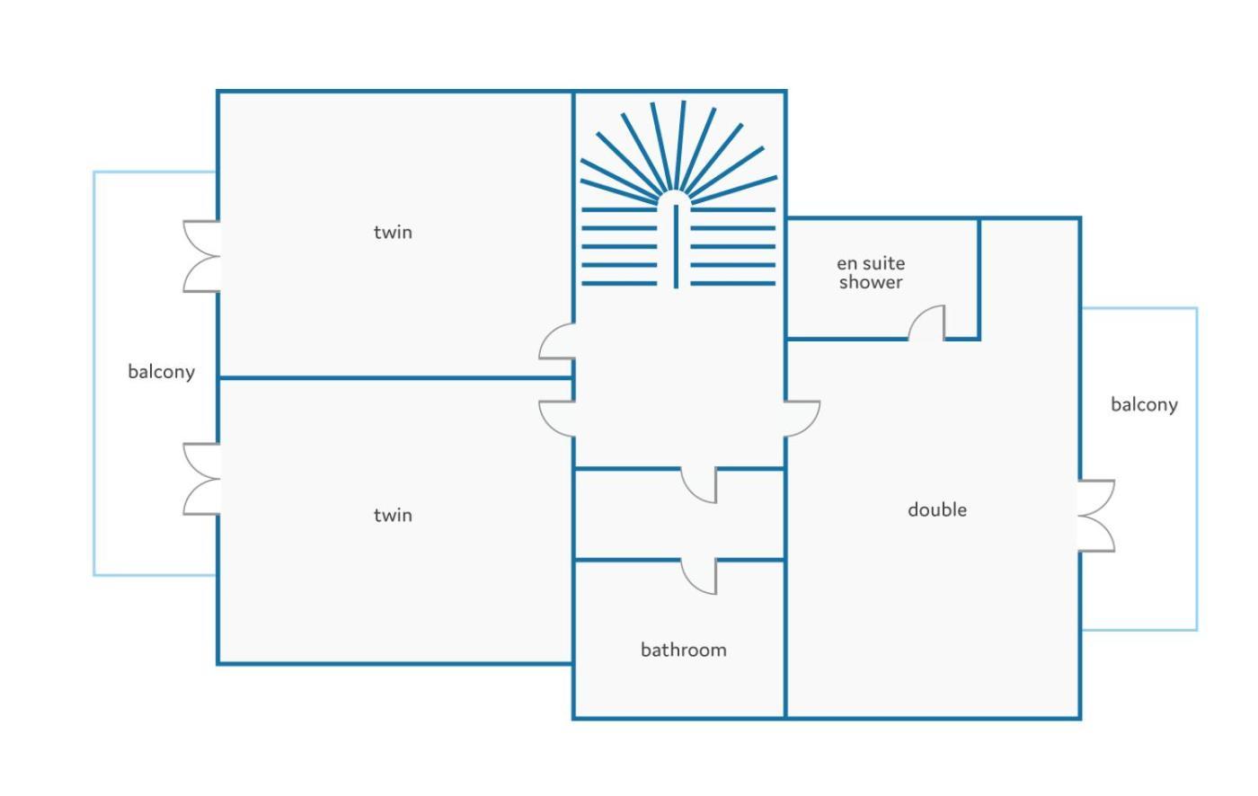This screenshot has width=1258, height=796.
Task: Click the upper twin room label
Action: [393, 233]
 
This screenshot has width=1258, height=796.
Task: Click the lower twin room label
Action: [393, 516]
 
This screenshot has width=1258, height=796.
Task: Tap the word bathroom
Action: [684, 650]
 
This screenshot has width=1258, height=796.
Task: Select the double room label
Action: [937, 509]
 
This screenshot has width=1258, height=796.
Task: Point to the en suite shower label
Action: [871, 273]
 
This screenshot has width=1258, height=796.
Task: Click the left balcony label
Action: [161, 372]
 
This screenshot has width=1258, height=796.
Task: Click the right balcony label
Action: [1144, 404]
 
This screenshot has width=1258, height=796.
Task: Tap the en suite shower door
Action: [926, 323]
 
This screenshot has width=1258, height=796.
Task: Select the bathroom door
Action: [699, 577]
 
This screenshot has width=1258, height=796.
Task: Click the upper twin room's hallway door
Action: [556, 341]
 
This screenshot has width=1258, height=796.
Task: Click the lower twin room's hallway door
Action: [556, 419]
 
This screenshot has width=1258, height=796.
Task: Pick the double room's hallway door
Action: [802, 419]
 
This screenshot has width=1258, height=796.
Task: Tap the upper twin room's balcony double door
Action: [201, 256]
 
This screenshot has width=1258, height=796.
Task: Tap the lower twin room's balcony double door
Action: [201, 479]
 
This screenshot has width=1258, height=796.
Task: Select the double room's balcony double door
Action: [1096, 516]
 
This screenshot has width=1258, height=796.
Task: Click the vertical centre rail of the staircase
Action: [676, 246]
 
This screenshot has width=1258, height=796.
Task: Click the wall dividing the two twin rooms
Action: [395, 378]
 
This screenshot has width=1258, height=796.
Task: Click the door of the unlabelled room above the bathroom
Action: [699, 485]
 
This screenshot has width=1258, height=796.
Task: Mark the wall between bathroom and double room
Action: [785, 639]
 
